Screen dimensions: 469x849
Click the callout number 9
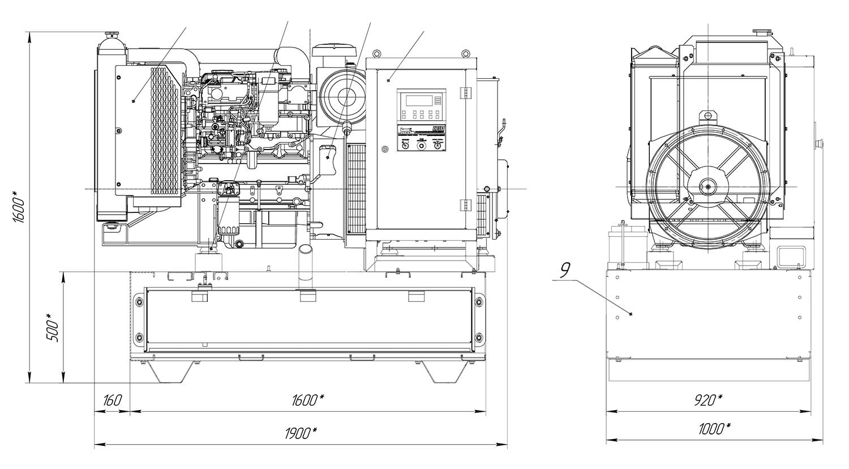(x=565, y=269)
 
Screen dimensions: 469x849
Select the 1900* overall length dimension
(x=301, y=433)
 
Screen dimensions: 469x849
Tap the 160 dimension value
(x=112, y=400)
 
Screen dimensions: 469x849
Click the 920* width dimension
(x=708, y=400)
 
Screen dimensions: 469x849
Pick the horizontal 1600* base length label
(x=308, y=400)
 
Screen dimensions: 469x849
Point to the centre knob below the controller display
(x=421, y=146)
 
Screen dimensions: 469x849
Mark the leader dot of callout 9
(x=631, y=314)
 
